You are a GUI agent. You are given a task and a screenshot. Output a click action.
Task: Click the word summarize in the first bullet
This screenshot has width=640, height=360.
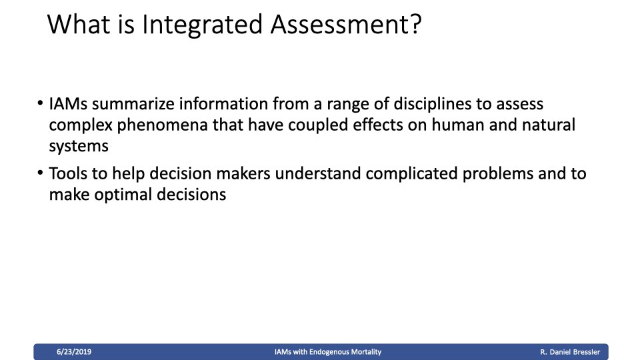coord(133,104)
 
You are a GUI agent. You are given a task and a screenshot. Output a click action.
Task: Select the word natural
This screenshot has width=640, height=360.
coord(549,125)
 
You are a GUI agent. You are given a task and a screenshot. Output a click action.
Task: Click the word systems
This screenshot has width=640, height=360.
coord(79,147)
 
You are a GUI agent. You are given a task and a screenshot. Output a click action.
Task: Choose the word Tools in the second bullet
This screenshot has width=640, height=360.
coord(68,173)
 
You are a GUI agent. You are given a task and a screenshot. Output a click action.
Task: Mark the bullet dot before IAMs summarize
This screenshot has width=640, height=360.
coord(40,103)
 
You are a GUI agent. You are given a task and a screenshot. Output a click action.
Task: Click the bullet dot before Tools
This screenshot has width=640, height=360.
coord(40,173)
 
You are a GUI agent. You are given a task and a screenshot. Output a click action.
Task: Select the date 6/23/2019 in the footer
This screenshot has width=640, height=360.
coord(74,352)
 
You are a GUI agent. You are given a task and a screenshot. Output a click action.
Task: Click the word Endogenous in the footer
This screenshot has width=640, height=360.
coord(327,352)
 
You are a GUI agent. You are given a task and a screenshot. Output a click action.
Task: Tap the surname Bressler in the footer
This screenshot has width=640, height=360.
coord(587,352)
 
